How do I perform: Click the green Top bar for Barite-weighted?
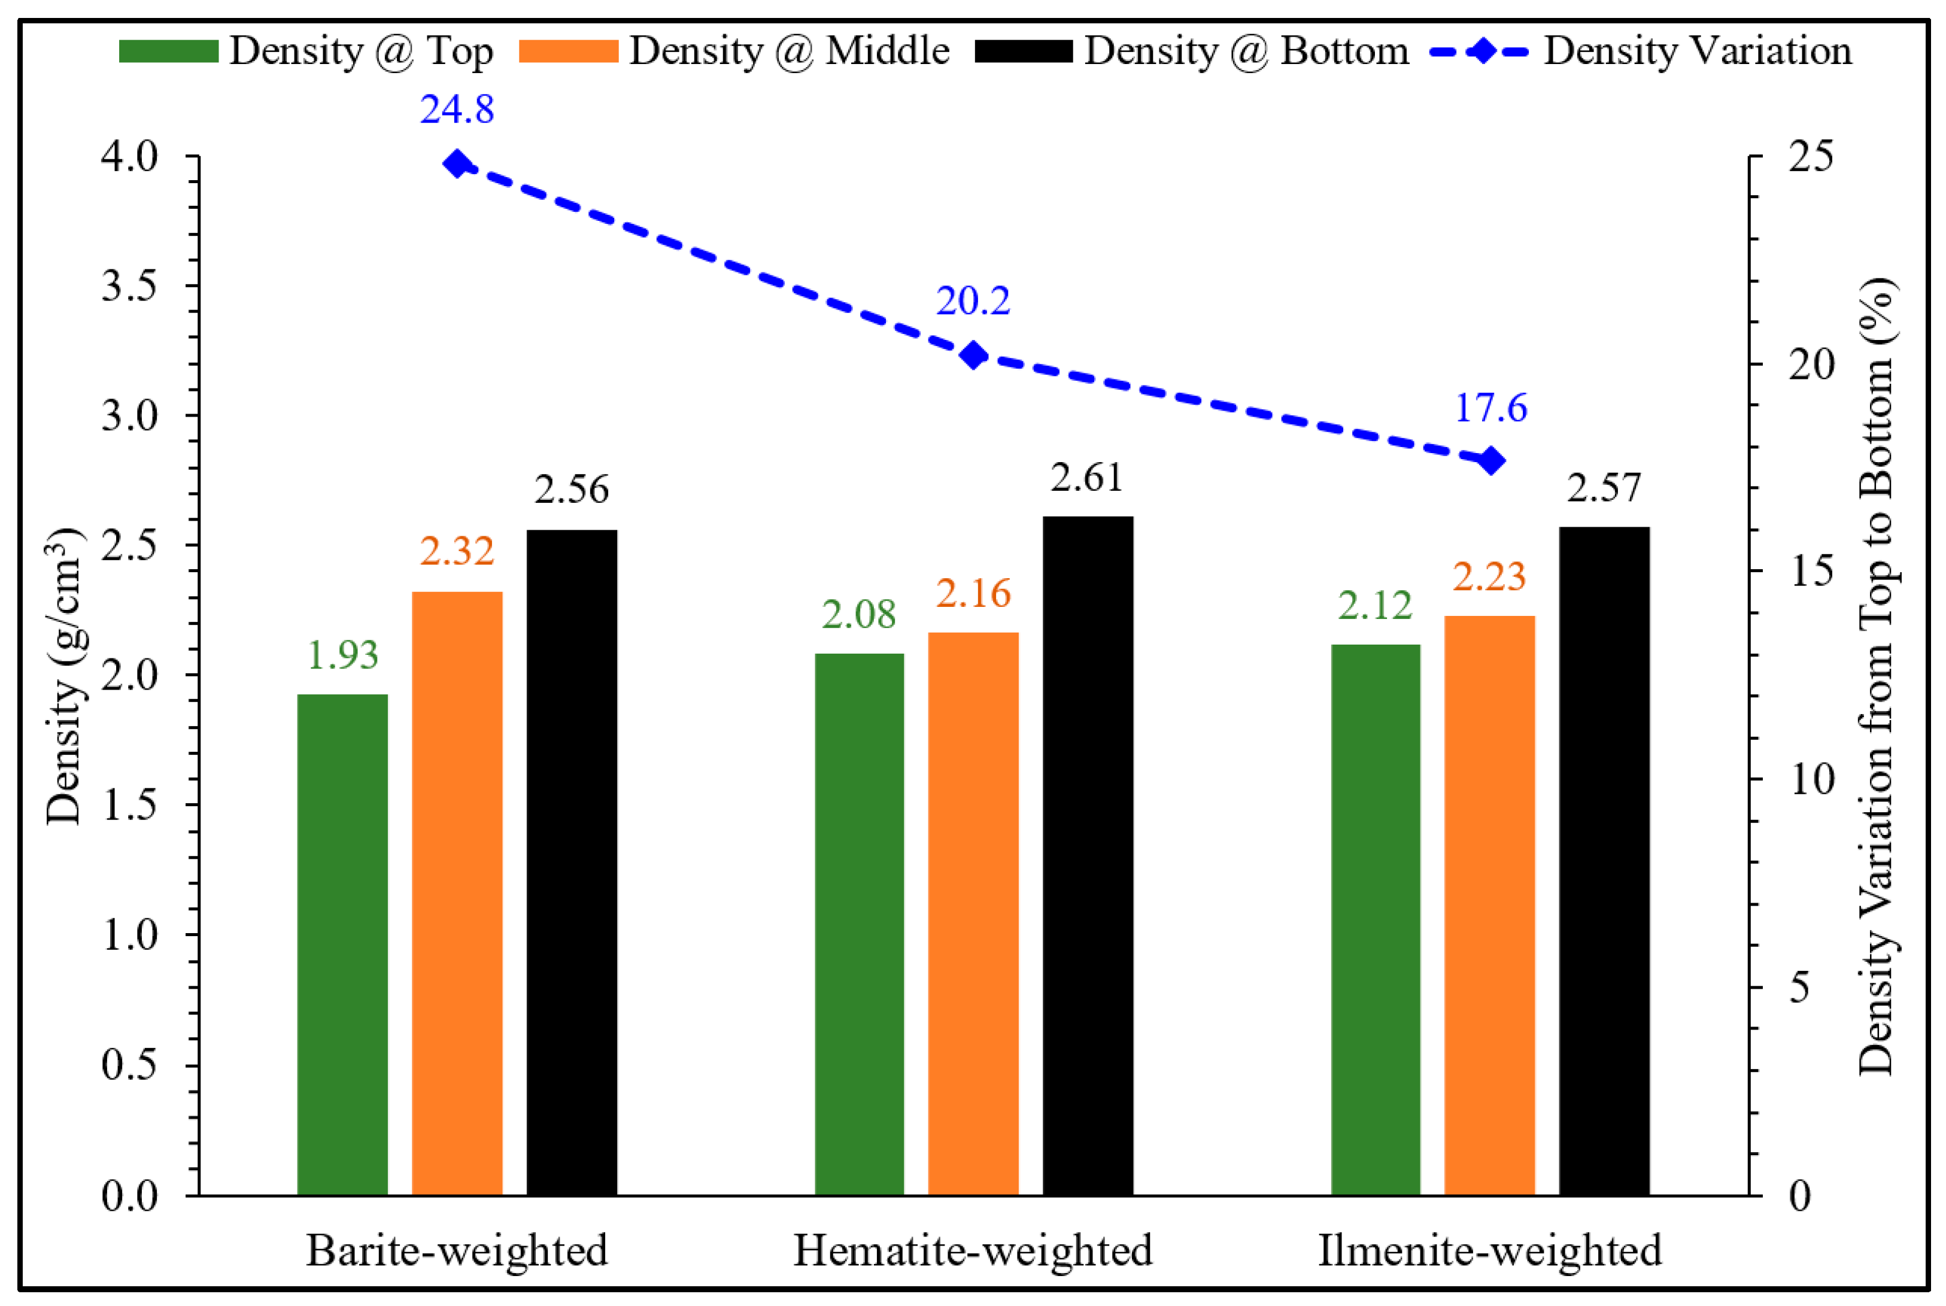pyautogui.click(x=342, y=944)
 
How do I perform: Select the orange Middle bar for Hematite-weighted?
pyautogui.click(x=973, y=914)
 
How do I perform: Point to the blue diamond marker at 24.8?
pyautogui.click(x=457, y=163)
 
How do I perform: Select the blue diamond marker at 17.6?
pyautogui.click(x=1490, y=460)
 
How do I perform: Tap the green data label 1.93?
pyautogui.click(x=342, y=655)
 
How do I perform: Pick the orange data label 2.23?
pyautogui.click(x=1489, y=576)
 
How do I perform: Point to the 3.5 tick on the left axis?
pyautogui.click(x=129, y=286)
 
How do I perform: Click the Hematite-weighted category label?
pyautogui.click(x=973, y=1250)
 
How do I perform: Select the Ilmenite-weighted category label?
pyautogui.click(x=1489, y=1250)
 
